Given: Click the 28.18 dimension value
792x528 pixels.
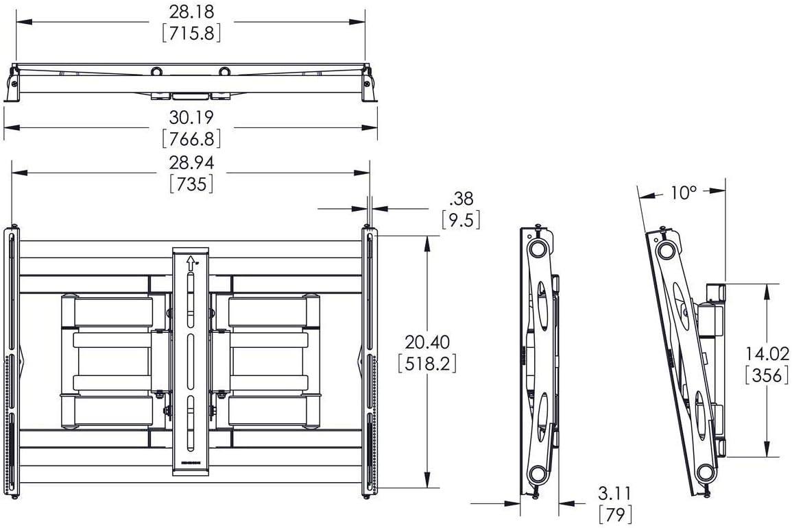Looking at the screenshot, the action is [191, 11].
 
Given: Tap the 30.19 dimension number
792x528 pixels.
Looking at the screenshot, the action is [191, 117].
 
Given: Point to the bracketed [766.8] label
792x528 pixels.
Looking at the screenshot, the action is [191, 139].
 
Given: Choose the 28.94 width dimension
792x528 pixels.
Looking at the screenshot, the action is [191, 162].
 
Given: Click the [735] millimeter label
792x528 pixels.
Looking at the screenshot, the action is [191, 184].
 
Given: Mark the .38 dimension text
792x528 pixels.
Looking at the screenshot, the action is [461, 198].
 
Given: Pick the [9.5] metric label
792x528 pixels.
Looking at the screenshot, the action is [461, 220].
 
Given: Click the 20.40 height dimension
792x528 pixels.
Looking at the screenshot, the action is [427, 342].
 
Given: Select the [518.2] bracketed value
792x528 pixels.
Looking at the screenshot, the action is [427, 364].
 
